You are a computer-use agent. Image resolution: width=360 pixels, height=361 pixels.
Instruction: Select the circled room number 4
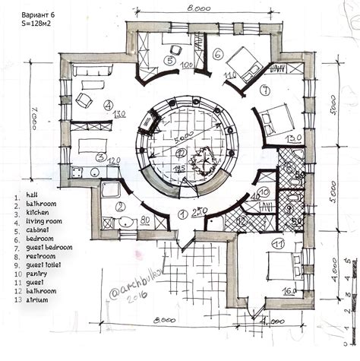click(109, 106)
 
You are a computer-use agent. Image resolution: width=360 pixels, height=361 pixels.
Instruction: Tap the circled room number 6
click(216, 54)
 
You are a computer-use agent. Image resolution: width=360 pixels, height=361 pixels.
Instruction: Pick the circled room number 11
click(279, 245)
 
